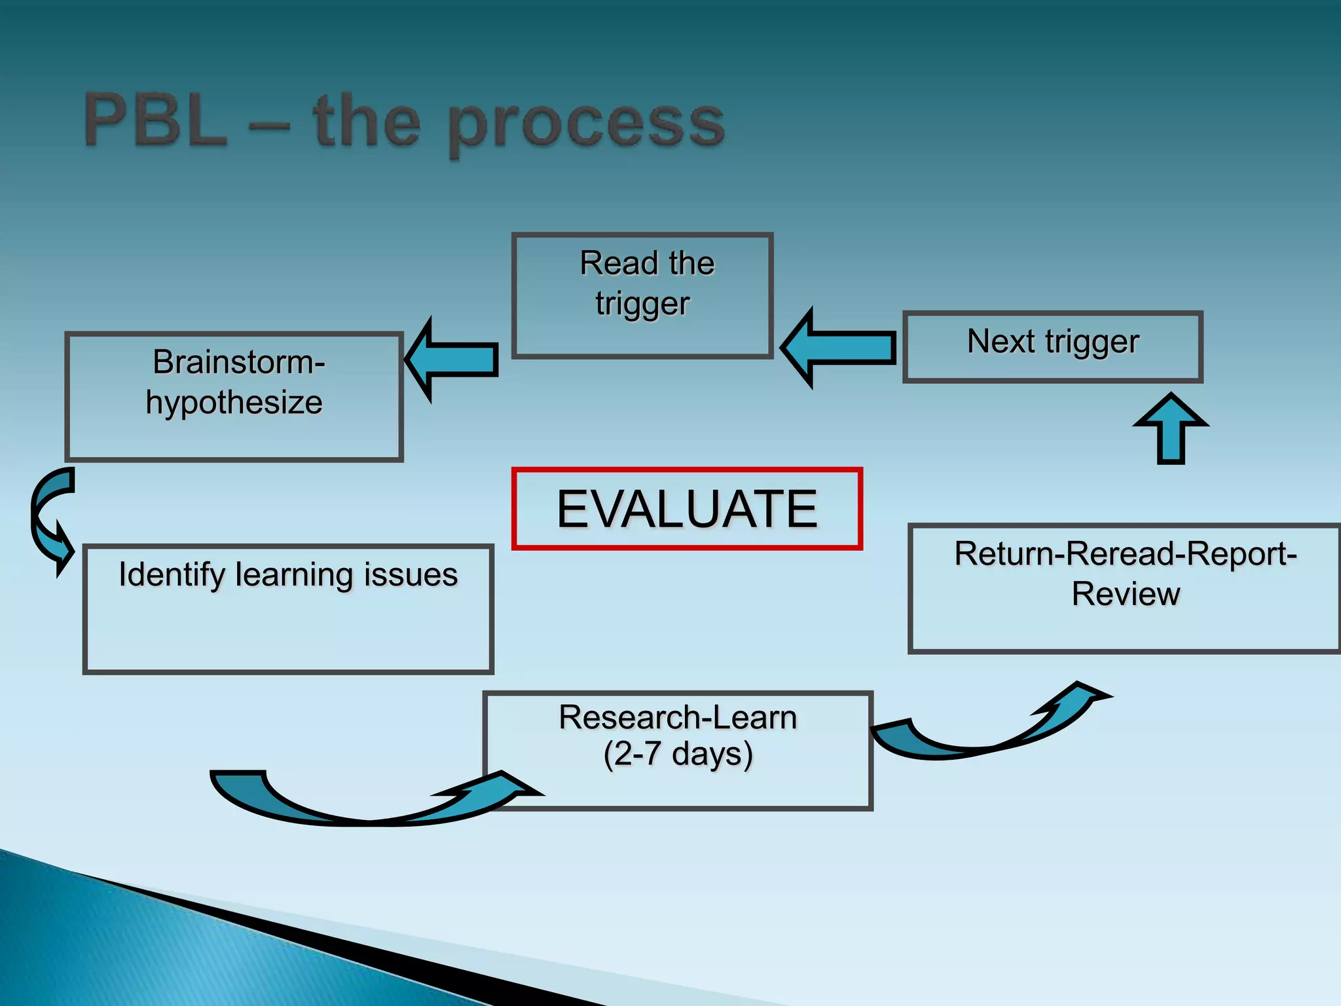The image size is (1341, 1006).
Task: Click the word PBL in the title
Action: coord(156,121)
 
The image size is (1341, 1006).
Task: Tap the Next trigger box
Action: coord(1052,346)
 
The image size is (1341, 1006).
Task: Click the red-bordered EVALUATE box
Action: coord(687,509)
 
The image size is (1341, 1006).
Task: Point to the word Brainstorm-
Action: coord(238,362)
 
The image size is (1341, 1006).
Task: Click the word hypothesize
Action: coord(234,402)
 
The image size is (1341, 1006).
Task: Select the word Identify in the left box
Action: coord(172,575)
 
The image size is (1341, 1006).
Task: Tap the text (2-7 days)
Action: coord(678,754)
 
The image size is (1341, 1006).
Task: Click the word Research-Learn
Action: coord(678,717)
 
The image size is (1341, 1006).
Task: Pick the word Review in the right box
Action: coord(1125,594)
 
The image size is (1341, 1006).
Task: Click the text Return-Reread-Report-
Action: coord(1125,554)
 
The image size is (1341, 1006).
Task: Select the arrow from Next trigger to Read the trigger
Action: coord(839,348)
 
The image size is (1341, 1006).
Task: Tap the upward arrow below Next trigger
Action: coord(1171,429)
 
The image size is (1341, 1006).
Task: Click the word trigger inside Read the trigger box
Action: coord(642,304)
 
